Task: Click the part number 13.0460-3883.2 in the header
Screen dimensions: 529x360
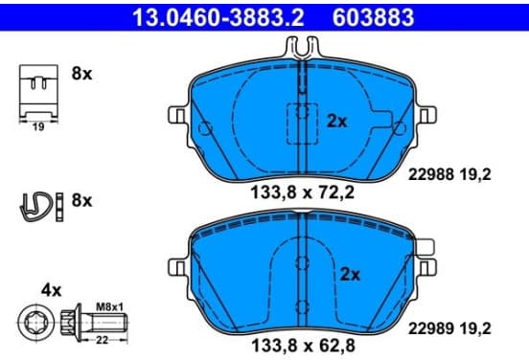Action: (218, 17)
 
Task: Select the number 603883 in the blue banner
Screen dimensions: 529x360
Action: (373, 17)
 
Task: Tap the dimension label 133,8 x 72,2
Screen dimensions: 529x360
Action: (302, 192)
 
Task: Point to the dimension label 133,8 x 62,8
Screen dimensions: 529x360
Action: (303, 346)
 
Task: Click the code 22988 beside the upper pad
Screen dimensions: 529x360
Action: (431, 174)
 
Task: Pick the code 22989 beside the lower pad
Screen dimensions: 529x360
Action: (431, 328)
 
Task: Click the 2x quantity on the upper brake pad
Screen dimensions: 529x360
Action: (336, 121)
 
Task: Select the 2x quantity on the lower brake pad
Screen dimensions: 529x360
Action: (350, 275)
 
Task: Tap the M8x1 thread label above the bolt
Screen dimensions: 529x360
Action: (109, 307)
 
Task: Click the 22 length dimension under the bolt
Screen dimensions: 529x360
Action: (102, 340)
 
